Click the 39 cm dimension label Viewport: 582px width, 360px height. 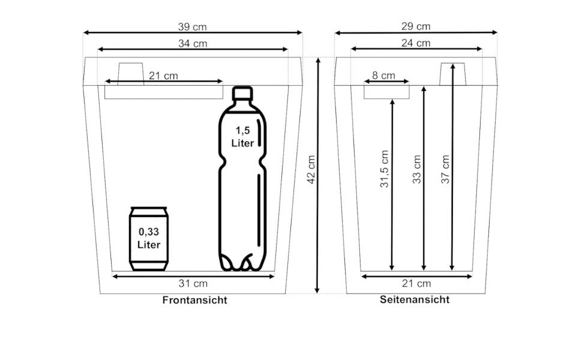click(192, 26)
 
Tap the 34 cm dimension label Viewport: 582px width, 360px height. click(193, 43)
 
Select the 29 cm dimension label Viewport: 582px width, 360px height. click(416, 26)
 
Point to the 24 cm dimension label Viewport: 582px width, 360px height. click(416, 43)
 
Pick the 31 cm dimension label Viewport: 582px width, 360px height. click(193, 283)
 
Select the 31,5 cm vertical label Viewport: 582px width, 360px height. click(385, 169)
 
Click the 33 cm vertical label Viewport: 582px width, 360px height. click(417, 169)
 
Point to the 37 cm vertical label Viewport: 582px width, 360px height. click(445, 169)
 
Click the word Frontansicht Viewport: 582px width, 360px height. click(195, 301)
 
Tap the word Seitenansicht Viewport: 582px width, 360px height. click(415, 299)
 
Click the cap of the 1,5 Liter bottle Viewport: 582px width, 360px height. click(242, 93)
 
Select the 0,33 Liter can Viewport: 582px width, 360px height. click(149, 239)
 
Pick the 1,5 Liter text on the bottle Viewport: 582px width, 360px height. click(242, 137)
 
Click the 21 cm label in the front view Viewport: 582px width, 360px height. click(163, 76)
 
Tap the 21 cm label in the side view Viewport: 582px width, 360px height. click(416, 283)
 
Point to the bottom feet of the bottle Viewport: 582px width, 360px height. click(243, 263)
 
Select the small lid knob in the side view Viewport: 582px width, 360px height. click(453, 74)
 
